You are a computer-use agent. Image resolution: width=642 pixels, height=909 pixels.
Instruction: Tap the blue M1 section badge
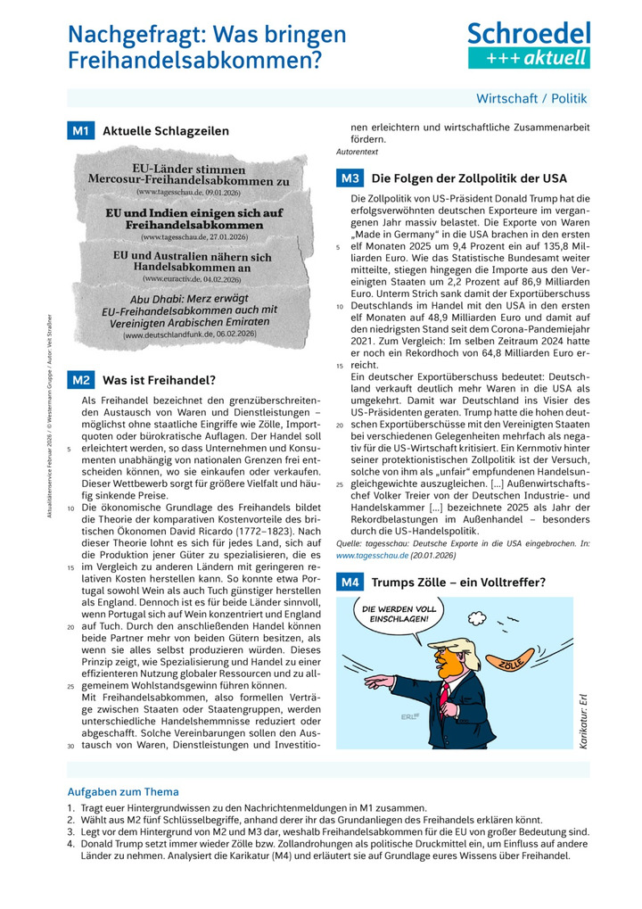click(80, 131)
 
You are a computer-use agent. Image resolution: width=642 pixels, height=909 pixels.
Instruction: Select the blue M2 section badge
click(80, 380)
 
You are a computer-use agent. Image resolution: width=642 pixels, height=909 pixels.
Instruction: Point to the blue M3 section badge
click(350, 178)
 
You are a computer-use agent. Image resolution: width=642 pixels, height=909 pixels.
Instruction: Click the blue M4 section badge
click(350, 583)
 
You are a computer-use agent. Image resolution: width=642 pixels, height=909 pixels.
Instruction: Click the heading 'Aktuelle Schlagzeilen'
click(166, 131)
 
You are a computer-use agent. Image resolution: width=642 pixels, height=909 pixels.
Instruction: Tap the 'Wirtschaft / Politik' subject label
click(531, 98)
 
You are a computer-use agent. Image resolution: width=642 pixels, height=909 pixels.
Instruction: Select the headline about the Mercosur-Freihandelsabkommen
click(188, 175)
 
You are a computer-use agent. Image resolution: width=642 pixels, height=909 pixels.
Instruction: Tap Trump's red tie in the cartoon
click(444, 693)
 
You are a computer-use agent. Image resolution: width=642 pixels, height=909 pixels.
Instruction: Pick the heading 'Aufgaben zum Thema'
click(123, 791)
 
